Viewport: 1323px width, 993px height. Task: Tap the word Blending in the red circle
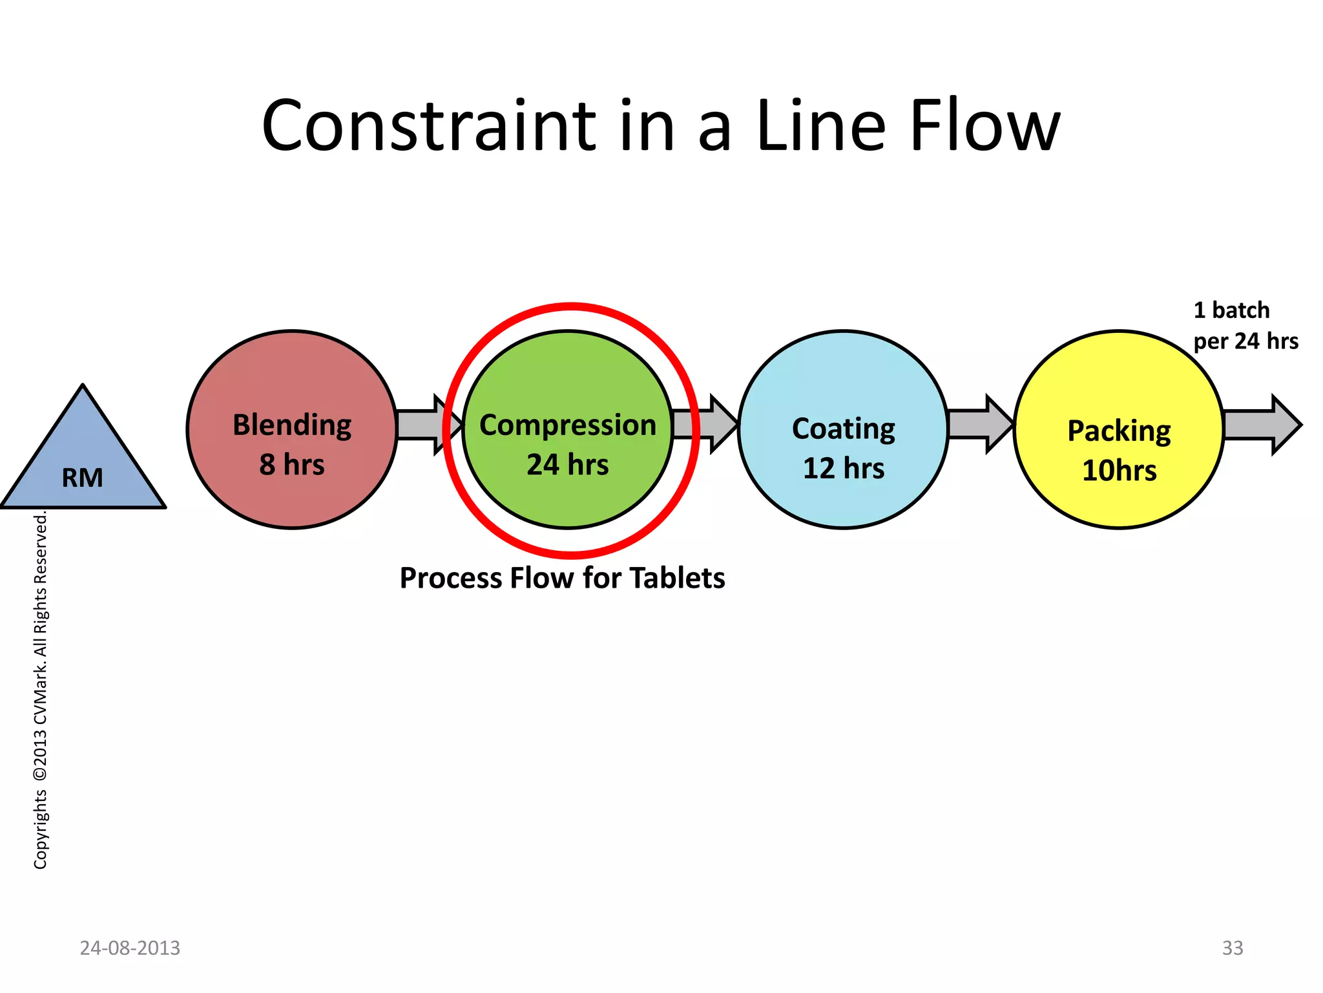[292, 426]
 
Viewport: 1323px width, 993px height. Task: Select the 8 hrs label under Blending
[292, 465]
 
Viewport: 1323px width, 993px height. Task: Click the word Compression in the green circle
[568, 425]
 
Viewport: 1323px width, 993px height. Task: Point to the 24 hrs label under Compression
[568, 465]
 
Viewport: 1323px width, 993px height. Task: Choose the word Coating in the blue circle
[844, 429]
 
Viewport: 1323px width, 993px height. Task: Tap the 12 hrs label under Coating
[844, 469]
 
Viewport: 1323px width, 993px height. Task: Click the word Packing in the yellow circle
[1119, 431]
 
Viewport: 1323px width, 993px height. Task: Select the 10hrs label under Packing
[1119, 471]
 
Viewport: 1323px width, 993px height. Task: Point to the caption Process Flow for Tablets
[562, 578]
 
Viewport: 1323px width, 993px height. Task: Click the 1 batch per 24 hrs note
[1245, 326]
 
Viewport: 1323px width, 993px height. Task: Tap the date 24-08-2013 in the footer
[130, 948]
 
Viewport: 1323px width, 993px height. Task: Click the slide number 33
[1233, 948]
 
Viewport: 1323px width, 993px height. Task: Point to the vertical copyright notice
[40, 690]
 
